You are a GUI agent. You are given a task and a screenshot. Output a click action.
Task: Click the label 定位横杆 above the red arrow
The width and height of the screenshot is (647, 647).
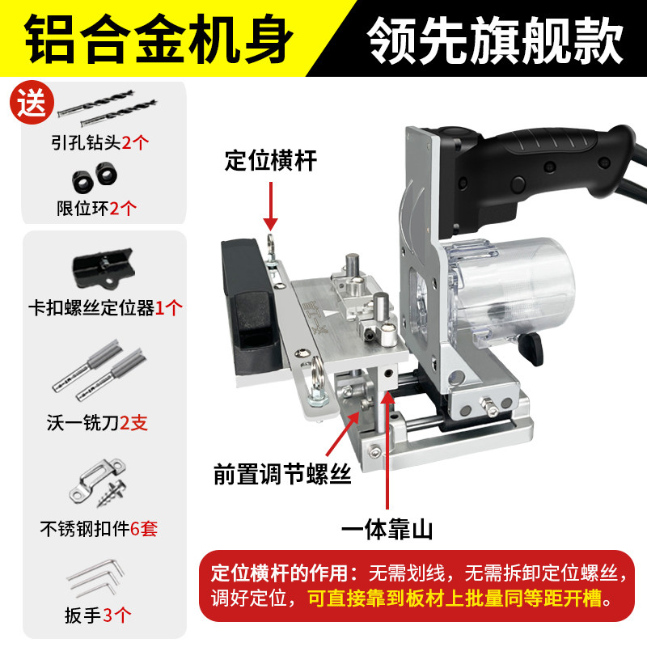click(x=270, y=161)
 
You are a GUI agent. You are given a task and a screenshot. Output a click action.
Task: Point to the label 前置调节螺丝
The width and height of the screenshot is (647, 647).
click(x=282, y=474)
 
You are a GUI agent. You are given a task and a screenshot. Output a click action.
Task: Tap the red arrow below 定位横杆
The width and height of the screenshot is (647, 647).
click(x=270, y=206)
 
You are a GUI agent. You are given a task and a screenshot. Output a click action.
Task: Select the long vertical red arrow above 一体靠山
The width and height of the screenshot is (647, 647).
click(x=391, y=453)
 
